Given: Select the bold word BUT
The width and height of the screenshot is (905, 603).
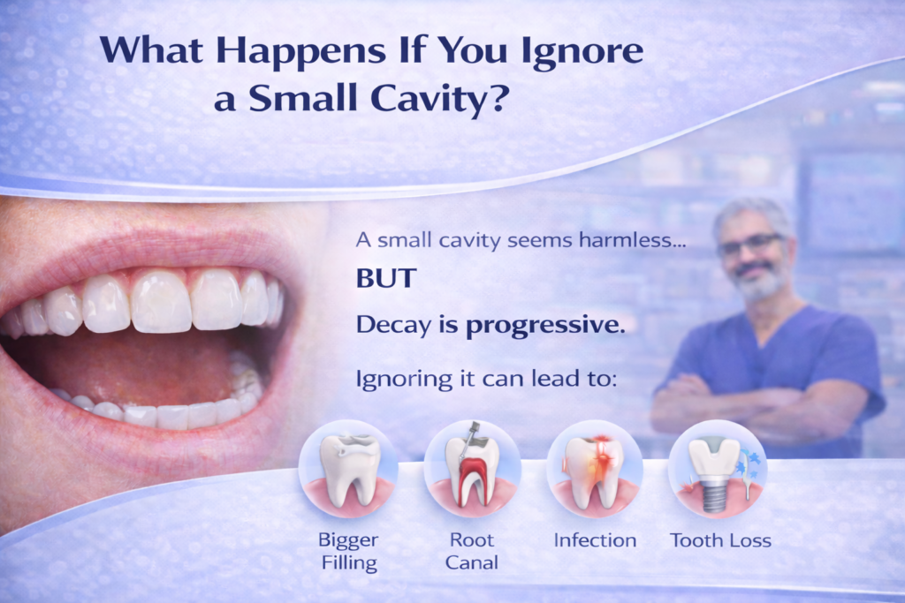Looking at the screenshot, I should tap(385, 278).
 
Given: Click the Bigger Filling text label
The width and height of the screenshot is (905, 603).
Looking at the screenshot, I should tap(348, 550).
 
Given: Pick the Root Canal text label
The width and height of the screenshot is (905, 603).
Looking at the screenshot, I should tap(472, 550).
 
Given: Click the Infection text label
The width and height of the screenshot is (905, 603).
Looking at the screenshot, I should tap(594, 539).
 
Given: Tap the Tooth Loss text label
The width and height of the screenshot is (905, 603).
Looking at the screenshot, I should tap(720, 539).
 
